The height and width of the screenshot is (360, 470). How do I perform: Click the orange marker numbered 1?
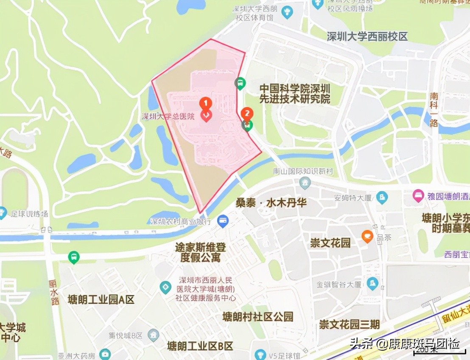[205, 103]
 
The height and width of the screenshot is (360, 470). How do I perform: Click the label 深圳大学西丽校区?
[367, 36]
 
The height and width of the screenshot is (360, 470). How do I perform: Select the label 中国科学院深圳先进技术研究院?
[295, 94]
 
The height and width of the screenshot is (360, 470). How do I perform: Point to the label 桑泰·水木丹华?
[271, 202]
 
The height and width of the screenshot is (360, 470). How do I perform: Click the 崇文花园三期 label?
[350, 325]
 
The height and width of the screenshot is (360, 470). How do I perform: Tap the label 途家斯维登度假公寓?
[201, 252]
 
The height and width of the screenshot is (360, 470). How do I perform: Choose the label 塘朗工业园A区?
[101, 300]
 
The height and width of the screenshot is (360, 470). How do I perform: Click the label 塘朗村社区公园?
[258, 317]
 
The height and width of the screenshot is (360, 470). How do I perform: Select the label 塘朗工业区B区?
[200, 346]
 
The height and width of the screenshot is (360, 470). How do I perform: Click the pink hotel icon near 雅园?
[419, 196]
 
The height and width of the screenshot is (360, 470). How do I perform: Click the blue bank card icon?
[223, 221]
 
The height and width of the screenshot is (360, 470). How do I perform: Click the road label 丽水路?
[54, 292]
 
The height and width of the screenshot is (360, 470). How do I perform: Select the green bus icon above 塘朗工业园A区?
[74, 257]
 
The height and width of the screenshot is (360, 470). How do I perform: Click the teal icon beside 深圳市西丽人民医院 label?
[165, 288]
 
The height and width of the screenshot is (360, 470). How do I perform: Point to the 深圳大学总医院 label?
[168, 116]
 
